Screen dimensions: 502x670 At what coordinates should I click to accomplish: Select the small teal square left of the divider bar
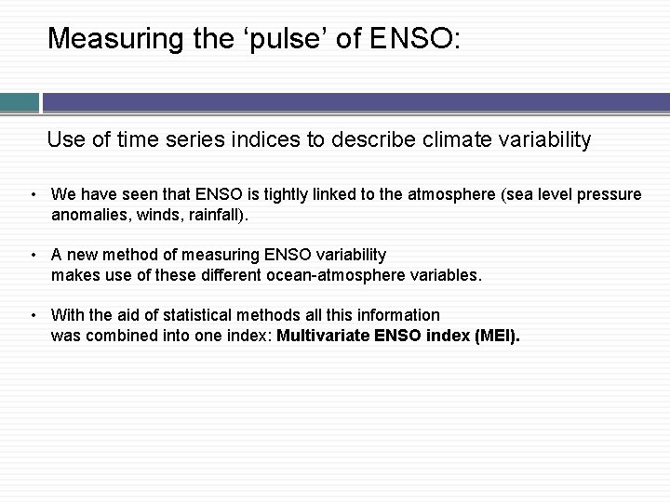19,101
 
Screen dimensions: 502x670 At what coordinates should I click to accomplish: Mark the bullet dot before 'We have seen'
33,195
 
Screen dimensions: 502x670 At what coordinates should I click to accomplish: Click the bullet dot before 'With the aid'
33,316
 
